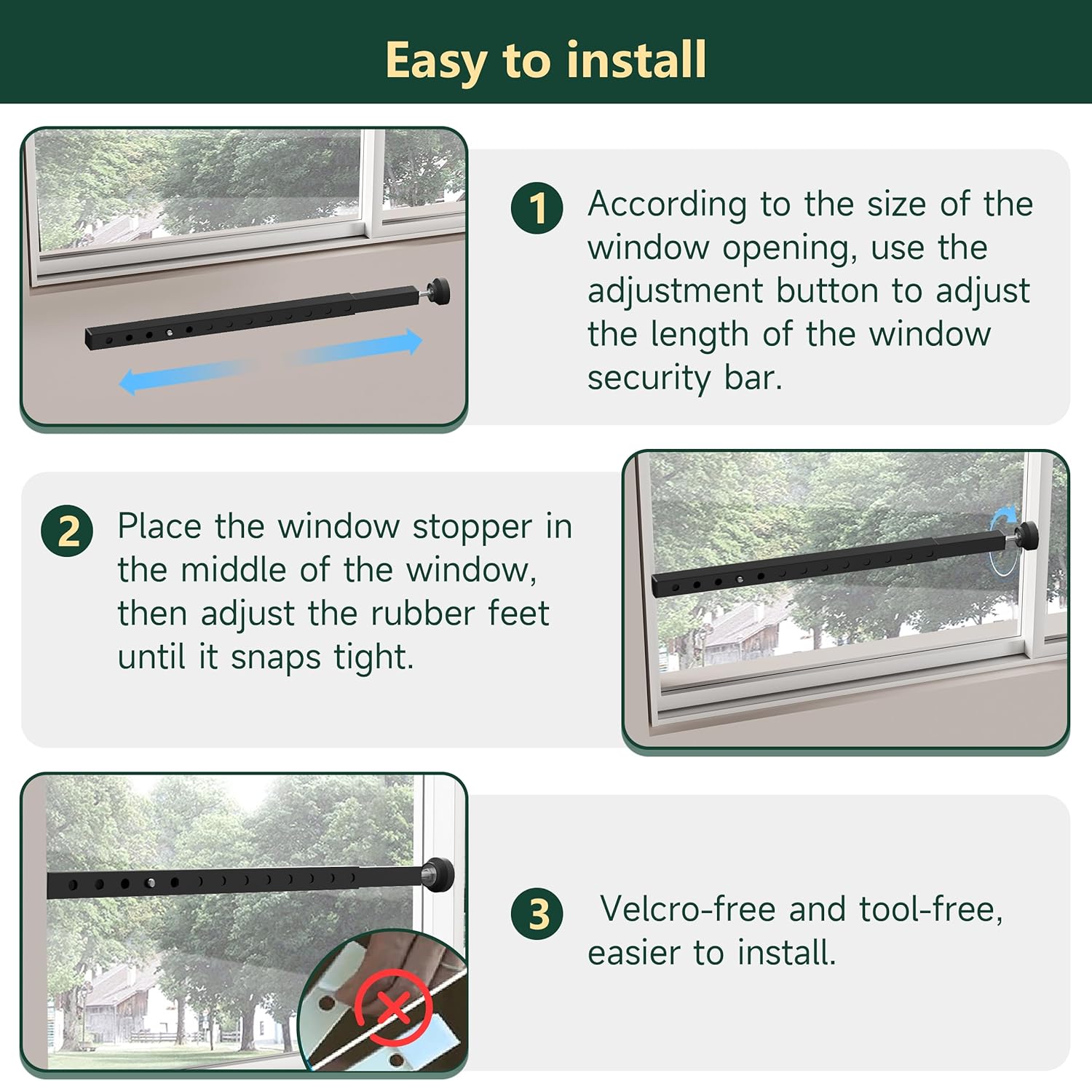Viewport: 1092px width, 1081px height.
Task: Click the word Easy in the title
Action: pos(436,60)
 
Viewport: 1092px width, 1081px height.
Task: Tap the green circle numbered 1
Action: pos(537,208)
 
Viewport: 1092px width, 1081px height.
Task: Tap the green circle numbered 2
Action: pos(67,531)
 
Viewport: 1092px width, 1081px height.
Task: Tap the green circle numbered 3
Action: pos(537,914)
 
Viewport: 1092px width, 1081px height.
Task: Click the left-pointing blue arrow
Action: pos(182,376)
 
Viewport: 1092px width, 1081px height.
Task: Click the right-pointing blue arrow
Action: pos(357,348)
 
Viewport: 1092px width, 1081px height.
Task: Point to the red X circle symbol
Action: pos(394,1007)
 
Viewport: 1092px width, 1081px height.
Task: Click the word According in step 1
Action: pos(667,205)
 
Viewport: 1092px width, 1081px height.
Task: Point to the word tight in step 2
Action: pos(373,657)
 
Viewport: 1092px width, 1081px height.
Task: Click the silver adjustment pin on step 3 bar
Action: pos(151,883)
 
